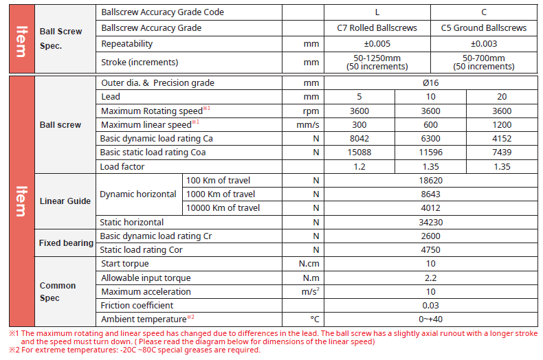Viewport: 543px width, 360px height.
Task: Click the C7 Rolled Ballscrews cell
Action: click(377, 28)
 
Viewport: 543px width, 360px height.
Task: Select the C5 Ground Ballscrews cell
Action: click(483, 28)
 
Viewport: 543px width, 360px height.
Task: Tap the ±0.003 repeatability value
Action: click(483, 44)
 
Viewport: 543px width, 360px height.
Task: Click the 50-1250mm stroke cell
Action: click(377, 63)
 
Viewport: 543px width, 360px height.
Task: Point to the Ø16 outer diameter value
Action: click(431, 83)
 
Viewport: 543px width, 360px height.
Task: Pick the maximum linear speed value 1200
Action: click(502, 125)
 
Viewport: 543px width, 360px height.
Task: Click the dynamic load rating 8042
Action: click(359, 139)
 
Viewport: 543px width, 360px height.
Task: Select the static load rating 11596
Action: click(431, 153)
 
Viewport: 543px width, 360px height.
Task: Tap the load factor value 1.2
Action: click(359, 166)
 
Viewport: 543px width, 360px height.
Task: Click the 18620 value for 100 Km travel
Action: click(431, 180)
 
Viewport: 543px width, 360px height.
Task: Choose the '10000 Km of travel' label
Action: click(224, 208)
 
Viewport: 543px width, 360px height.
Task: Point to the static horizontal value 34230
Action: click(431, 223)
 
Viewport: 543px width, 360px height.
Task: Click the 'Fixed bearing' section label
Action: click(66, 243)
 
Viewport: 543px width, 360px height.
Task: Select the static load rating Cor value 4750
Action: click(431, 250)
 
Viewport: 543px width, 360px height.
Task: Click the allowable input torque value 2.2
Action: click(431, 278)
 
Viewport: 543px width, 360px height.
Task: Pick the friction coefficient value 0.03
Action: click(431, 306)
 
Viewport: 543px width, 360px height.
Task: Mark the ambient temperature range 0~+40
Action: click(431, 319)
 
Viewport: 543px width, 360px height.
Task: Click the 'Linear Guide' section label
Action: click(65, 201)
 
